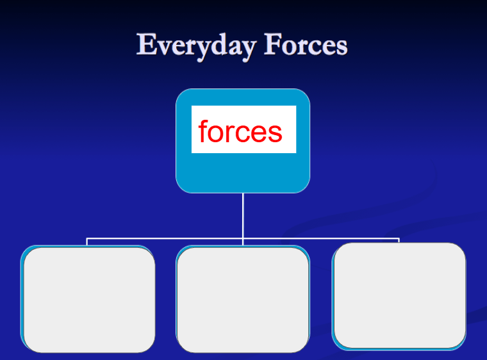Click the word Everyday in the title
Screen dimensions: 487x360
click(196, 46)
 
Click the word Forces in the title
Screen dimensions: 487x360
click(306, 45)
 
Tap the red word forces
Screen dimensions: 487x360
click(240, 131)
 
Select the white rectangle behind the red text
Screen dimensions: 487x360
click(244, 129)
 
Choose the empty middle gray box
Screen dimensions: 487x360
click(244, 300)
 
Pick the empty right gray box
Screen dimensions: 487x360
click(400, 295)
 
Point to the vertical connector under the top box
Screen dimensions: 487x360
click(243, 216)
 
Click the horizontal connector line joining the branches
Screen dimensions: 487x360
click(243, 238)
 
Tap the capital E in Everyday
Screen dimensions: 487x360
click(147, 44)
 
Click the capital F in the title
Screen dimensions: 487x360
click(274, 44)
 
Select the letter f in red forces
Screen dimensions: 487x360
click(203, 131)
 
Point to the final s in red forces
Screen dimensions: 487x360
click(275, 134)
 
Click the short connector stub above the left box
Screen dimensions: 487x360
click(87, 241)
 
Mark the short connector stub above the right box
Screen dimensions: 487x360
click(399, 240)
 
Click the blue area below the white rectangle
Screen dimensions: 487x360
click(243, 173)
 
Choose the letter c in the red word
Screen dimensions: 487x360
click(242, 134)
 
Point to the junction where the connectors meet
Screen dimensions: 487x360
click(243, 238)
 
